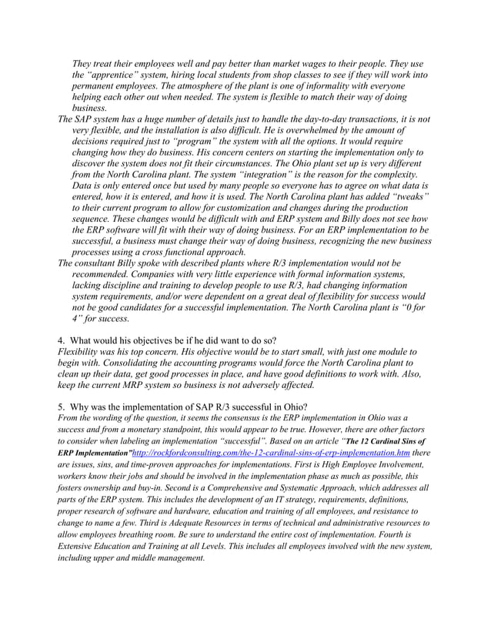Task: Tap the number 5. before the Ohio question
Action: click(62, 403)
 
